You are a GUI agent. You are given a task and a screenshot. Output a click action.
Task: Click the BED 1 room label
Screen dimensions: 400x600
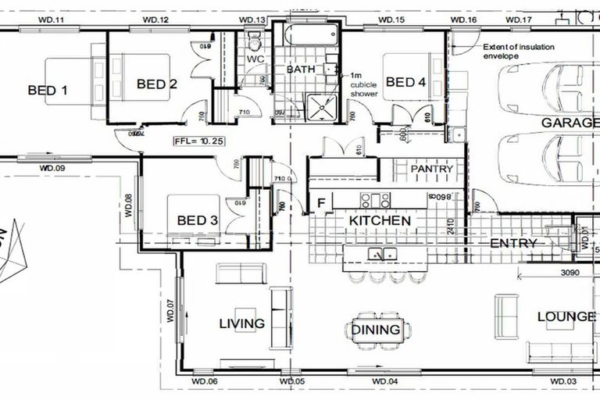pyautogui.click(x=47, y=91)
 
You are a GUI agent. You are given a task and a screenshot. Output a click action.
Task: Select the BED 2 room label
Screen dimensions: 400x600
pyautogui.click(x=156, y=84)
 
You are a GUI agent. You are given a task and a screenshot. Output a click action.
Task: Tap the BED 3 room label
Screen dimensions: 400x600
pyautogui.click(x=197, y=220)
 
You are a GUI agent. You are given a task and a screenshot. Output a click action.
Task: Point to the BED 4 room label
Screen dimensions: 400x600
pyautogui.click(x=405, y=82)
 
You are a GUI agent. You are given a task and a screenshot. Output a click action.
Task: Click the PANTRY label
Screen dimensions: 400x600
pyautogui.click(x=432, y=169)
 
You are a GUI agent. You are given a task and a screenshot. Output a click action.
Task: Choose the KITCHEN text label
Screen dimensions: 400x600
pyautogui.click(x=380, y=221)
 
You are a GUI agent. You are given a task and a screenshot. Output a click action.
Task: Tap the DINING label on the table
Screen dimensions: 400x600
pyautogui.click(x=376, y=330)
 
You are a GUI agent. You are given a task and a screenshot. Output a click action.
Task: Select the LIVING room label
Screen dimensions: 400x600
pyautogui.click(x=241, y=323)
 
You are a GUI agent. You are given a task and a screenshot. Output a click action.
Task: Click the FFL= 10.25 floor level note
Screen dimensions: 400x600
pyautogui.click(x=200, y=141)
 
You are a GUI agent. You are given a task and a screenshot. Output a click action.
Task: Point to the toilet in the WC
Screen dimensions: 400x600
pyautogui.click(x=255, y=40)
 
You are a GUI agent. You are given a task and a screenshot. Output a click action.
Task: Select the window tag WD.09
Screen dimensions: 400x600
pyautogui.click(x=52, y=168)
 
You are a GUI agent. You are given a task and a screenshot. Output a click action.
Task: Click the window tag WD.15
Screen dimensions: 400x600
pyautogui.click(x=391, y=19)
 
